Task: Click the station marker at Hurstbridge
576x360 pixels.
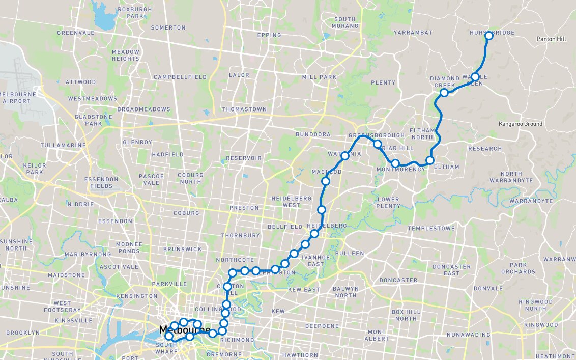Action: (x=489, y=36)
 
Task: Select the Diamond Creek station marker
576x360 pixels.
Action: (x=444, y=92)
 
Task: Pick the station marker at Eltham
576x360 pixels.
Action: (x=430, y=160)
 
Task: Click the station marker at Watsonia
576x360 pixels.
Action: (x=344, y=156)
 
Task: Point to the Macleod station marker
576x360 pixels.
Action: (x=326, y=181)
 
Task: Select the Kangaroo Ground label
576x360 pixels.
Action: (x=521, y=124)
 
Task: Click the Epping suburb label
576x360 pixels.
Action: (x=269, y=35)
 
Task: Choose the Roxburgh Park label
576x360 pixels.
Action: (x=131, y=13)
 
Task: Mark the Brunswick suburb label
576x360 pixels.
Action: (x=183, y=250)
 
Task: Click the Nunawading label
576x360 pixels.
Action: (x=468, y=335)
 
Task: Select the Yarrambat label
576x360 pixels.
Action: (x=413, y=33)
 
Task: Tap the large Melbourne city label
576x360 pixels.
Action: (x=184, y=330)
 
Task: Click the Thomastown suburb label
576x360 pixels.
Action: (x=244, y=109)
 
